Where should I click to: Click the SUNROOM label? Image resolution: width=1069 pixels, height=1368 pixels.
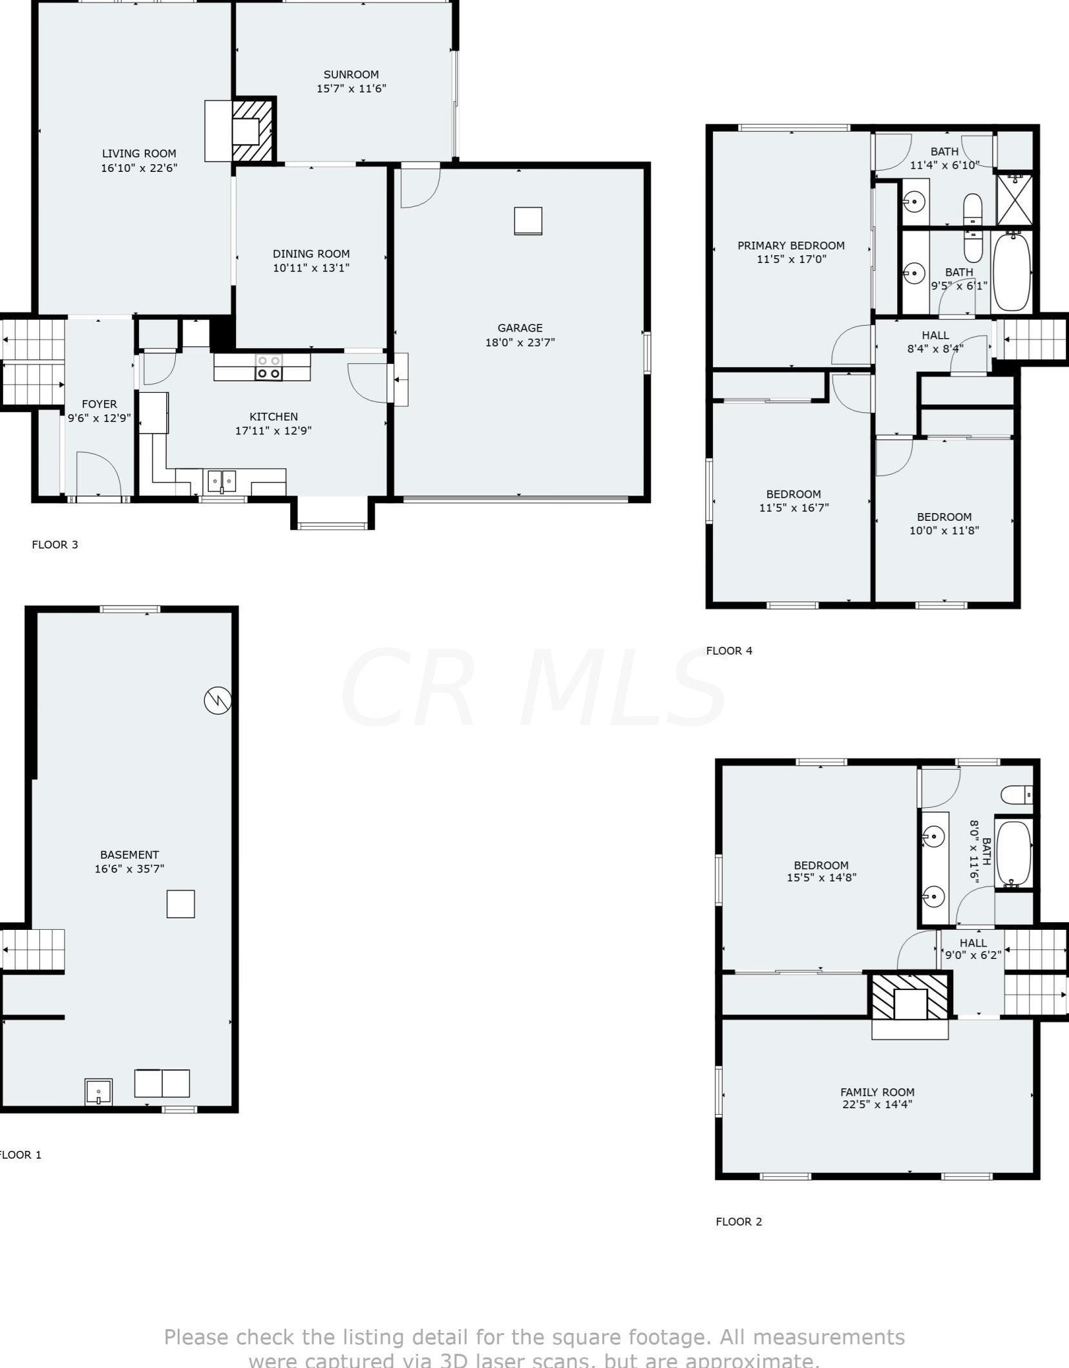pyautogui.click(x=351, y=75)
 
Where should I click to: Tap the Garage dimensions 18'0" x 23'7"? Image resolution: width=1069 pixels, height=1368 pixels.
pyautogui.click(x=520, y=342)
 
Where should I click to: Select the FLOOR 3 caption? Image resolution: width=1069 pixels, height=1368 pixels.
pyautogui.click(x=55, y=545)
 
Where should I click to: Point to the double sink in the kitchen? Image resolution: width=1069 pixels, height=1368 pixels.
pyautogui.click(x=222, y=481)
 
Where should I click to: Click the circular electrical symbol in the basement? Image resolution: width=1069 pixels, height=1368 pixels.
pyautogui.click(x=218, y=700)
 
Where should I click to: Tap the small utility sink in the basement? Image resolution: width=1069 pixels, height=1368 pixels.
pyautogui.click(x=98, y=1092)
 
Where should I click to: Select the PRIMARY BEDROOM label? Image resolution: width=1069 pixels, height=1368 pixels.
pyautogui.click(x=790, y=246)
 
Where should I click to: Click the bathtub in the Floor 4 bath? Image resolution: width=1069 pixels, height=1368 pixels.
pyautogui.click(x=1012, y=272)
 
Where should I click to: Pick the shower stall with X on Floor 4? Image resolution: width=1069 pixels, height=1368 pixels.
pyautogui.click(x=1015, y=198)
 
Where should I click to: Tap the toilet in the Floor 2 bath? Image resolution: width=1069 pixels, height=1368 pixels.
pyautogui.click(x=1017, y=794)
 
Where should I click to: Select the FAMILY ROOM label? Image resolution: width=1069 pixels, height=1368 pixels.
pyautogui.click(x=877, y=1092)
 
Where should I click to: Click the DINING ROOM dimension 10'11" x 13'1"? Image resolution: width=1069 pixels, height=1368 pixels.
pyautogui.click(x=311, y=268)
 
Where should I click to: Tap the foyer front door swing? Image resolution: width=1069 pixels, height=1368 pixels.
pyautogui.click(x=98, y=473)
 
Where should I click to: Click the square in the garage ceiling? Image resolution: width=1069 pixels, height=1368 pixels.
pyautogui.click(x=528, y=221)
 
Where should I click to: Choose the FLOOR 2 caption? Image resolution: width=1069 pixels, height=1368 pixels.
pyautogui.click(x=739, y=1221)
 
